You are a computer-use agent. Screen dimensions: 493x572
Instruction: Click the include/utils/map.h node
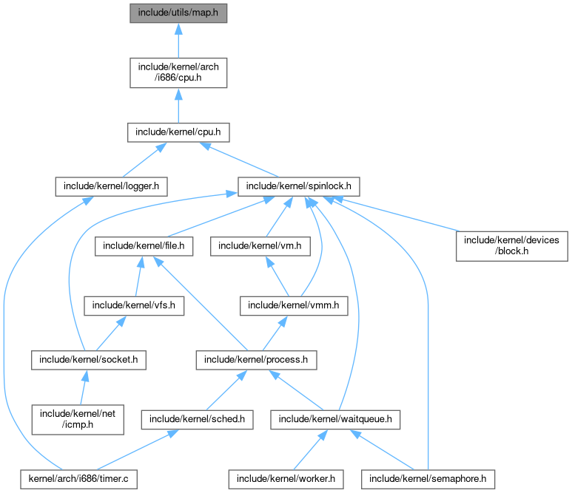coord(178,13)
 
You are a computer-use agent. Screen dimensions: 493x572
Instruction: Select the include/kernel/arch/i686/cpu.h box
coord(178,73)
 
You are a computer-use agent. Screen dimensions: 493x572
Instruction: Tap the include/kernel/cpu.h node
coord(178,133)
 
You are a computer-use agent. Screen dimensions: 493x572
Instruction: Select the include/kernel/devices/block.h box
coord(512,245)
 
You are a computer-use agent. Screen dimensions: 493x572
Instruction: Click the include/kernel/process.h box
coord(256,360)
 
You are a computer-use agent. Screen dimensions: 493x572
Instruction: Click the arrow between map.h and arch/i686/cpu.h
coord(178,41)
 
